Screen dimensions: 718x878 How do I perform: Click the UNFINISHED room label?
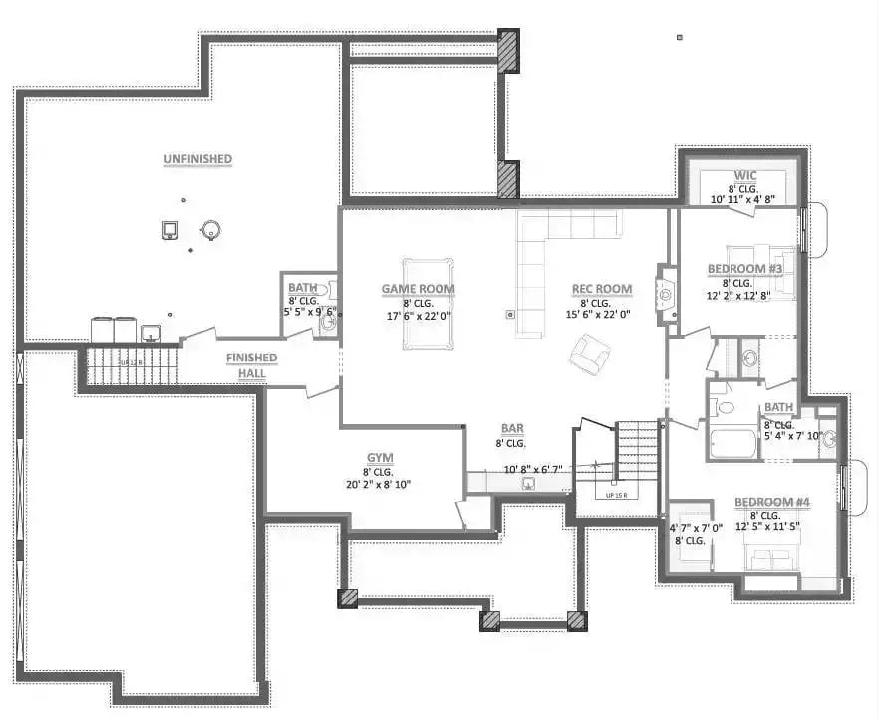coord(198,159)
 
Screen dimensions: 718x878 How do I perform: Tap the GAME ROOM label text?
coord(418,290)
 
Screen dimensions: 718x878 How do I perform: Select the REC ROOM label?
coord(601,290)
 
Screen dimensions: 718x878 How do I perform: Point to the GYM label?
coord(378,457)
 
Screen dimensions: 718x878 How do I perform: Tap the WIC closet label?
coord(745,175)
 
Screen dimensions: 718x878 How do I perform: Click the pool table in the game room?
coord(428,304)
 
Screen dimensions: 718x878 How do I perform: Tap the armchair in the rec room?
coord(592,354)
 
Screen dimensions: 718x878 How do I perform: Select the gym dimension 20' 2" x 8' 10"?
coord(378,485)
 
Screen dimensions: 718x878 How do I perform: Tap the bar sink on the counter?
coord(529,484)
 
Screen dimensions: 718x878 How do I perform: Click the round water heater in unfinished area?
coord(210,230)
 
